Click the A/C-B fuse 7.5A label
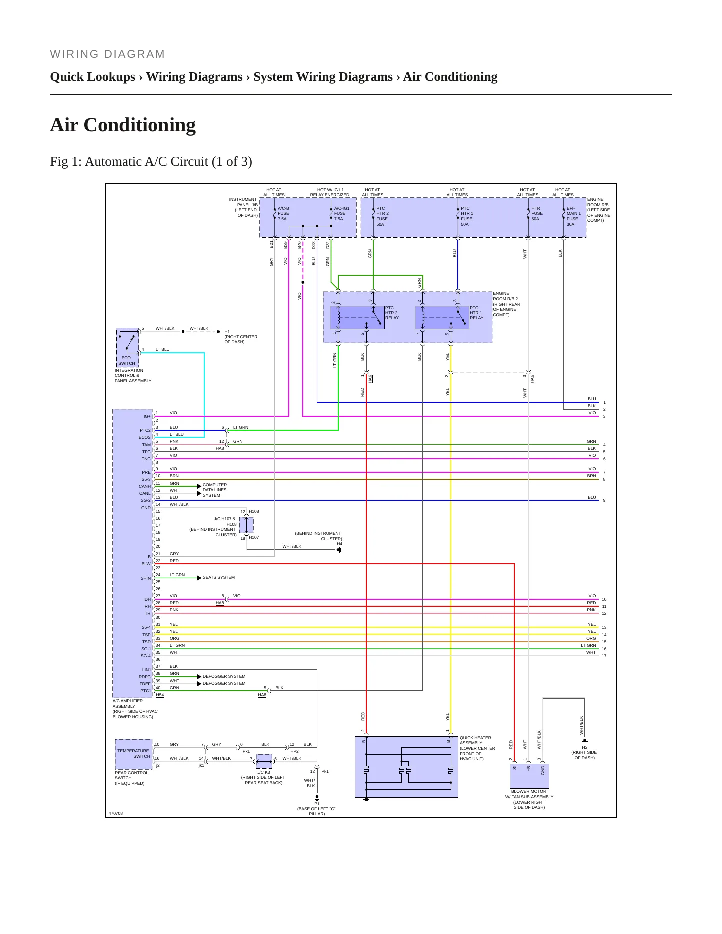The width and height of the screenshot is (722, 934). pos(283,213)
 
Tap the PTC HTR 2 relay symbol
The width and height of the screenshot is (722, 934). pos(357,317)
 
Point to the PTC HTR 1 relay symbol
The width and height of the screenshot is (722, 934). pos(442,317)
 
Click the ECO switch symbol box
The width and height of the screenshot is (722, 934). pos(127,347)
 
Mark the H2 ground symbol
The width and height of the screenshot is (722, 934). pos(584,741)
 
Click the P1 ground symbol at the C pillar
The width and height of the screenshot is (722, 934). pos(317,798)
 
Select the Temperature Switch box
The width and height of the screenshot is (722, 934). pos(133,754)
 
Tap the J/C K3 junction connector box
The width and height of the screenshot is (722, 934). pos(264,761)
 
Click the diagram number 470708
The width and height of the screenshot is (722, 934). pos(116,813)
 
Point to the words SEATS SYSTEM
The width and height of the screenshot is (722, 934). pos(219,577)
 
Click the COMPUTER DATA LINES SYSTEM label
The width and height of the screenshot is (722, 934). pos(215,490)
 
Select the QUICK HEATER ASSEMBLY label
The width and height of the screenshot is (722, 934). pos(477,748)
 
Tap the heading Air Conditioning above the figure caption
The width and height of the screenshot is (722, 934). pos(123,125)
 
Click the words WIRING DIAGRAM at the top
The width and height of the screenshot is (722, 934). pos(107,54)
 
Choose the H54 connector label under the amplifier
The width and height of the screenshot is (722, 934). pos(160,695)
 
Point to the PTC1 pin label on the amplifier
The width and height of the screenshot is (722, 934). pos(145,691)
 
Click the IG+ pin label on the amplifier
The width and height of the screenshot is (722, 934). pos(147,416)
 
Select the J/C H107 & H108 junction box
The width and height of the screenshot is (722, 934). pos(246,525)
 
